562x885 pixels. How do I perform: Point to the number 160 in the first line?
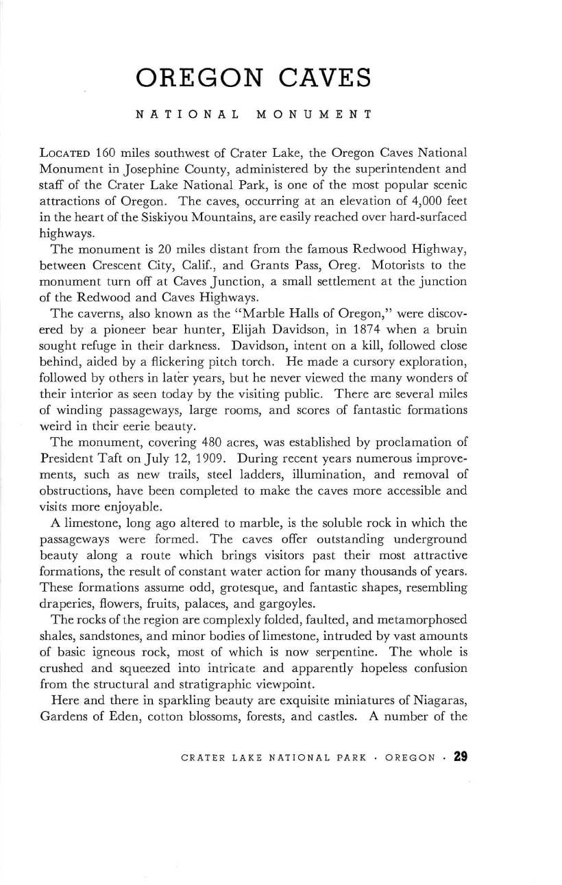[107, 151]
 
